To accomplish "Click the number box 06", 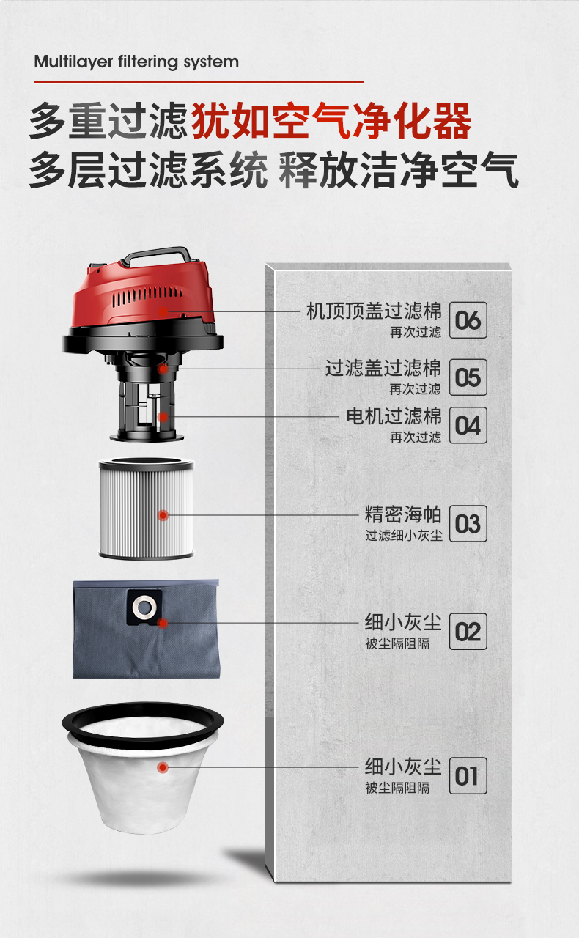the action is point(468,320).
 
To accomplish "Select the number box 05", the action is point(468,377).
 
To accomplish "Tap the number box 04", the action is point(468,425).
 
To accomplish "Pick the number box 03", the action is point(468,523).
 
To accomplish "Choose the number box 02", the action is point(468,632).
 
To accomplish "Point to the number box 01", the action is point(468,775).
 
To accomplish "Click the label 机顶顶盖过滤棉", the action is point(374,311).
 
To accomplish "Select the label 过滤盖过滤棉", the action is point(383,368).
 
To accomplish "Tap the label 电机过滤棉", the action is point(394,416).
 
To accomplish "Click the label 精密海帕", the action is point(403,514).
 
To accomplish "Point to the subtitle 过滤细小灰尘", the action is point(403,535).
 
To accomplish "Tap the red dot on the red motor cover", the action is point(163,311).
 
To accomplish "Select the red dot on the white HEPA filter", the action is point(163,515).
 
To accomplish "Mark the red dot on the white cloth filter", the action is point(163,767).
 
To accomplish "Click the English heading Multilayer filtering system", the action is point(136,62).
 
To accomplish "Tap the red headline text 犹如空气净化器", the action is point(332,121).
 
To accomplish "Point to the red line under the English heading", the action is point(199,82).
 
